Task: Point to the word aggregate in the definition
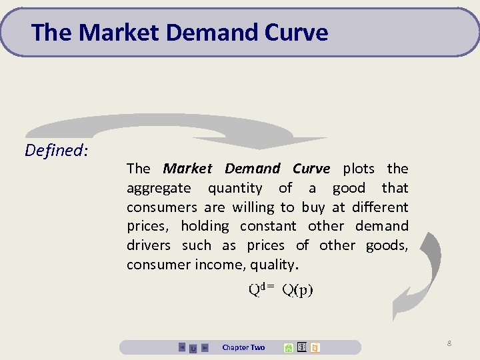[159, 189]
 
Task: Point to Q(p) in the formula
[297, 289]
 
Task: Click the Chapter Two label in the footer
[243, 347]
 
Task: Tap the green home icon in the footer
[288, 347]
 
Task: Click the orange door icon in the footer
[315, 347]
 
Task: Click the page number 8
[449, 343]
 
